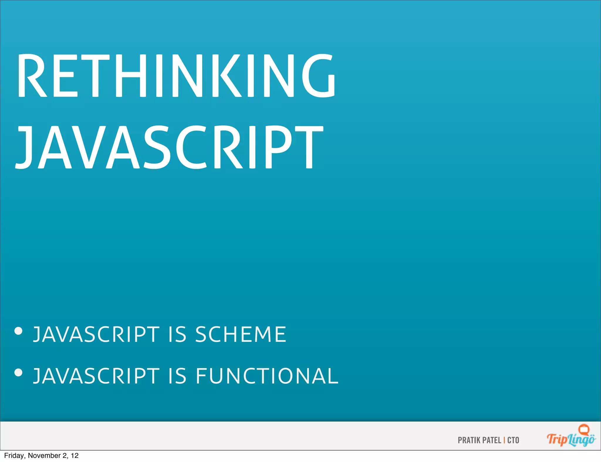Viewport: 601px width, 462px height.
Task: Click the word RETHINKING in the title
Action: tap(176, 76)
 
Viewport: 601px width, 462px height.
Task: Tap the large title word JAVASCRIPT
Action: tap(170, 147)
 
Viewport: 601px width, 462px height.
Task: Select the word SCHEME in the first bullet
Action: tap(241, 334)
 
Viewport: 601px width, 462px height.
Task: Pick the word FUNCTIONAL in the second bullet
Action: tap(267, 376)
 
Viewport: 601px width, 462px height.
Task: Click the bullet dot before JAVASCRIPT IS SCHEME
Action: tap(18, 331)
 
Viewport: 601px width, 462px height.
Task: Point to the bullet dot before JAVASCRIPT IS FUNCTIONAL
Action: tap(18, 373)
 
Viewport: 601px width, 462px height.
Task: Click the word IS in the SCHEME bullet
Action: tap(178, 334)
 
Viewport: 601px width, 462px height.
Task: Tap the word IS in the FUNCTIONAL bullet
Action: tap(178, 376)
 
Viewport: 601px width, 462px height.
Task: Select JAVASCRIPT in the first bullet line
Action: tap(96, 334)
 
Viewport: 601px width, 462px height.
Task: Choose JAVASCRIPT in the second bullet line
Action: tap(96, 376)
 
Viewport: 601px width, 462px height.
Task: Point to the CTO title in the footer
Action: tap(513, 440)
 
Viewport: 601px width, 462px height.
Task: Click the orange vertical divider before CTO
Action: tap(504, 440)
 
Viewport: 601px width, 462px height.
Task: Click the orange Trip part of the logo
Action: tap(557, 440)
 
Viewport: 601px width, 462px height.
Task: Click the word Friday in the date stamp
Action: tap(14, 456)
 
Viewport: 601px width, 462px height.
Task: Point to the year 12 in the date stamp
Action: tap(75, 456)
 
